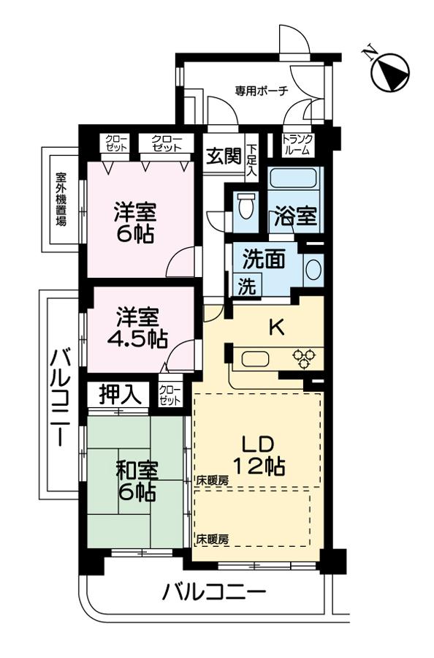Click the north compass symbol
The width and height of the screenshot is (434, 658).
pos(389,71)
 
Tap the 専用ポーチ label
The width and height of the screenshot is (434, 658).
pos(261,91)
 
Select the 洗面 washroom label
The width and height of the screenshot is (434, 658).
pos(259,260)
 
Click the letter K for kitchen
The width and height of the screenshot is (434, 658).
pos(276,328)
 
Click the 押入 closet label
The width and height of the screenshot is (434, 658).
pos(120,395)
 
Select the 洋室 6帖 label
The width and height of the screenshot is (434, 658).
pos(135,224)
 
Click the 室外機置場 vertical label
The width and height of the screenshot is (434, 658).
pos(61,198)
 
